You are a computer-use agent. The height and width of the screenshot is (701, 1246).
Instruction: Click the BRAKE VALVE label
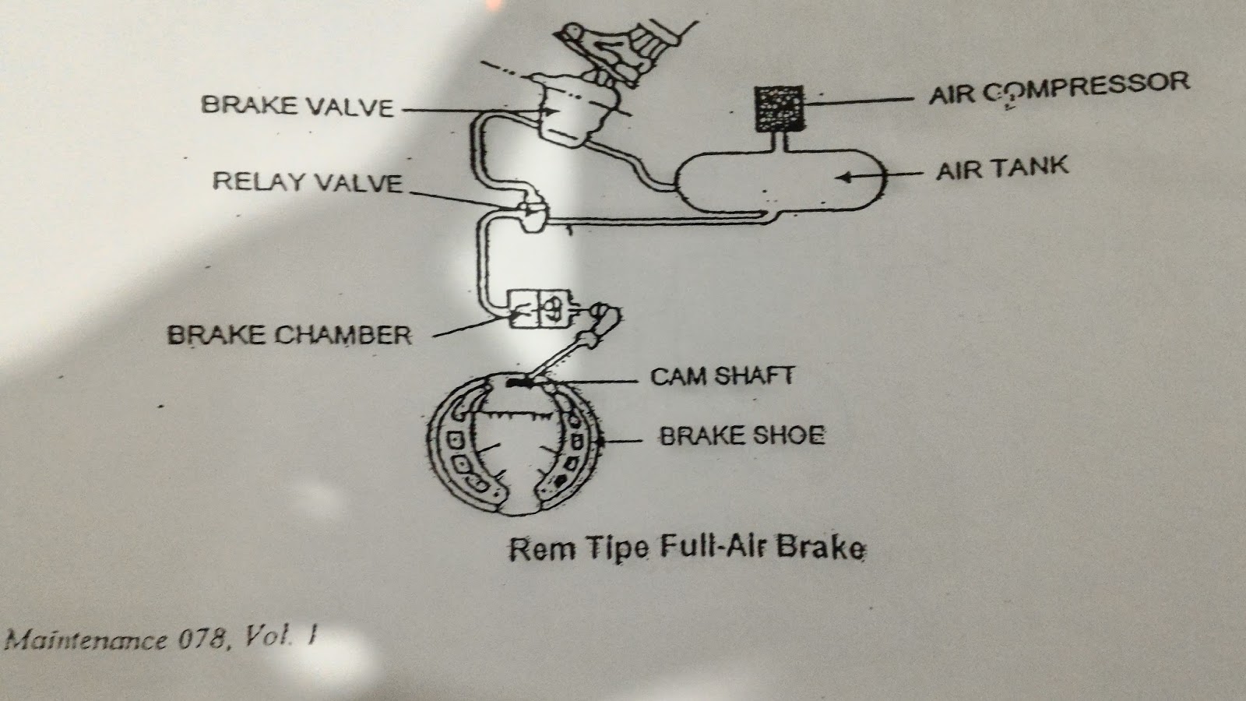click(x=298, y=105)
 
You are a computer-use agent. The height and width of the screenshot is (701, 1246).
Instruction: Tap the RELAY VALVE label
click(x=308, y=182)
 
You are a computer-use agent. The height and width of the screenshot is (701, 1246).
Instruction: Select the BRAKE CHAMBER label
click(x=289, y=335)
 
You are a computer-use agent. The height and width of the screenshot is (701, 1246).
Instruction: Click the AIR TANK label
click(x=1002, y=168)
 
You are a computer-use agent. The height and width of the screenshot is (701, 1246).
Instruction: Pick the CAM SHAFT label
click(x=722, y=376)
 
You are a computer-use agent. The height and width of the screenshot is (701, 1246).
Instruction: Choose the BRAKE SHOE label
click(x=741, y=435)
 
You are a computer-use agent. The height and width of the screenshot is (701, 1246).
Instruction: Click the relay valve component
click(x=532, y=216)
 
